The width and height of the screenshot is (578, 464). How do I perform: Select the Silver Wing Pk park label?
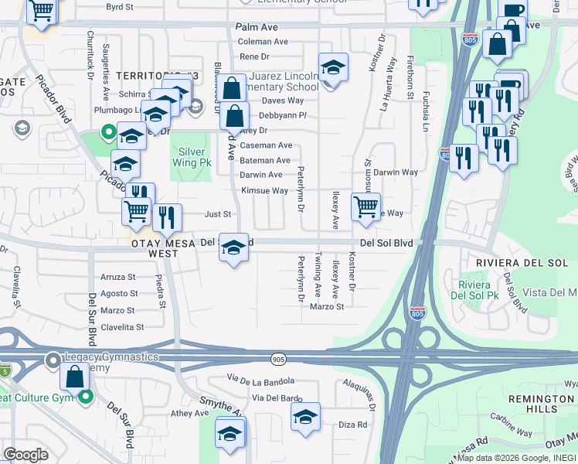(195, 159)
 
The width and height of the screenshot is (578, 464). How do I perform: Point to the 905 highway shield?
(278, 360)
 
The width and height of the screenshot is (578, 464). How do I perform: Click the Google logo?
(25, 454)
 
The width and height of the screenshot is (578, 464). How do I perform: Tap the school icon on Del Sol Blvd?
(234, 248)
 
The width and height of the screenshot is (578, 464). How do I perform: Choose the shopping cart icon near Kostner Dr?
(365, 206)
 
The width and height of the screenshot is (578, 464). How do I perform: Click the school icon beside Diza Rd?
(306, 417)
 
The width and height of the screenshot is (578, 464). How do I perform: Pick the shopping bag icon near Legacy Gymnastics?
(75, 377)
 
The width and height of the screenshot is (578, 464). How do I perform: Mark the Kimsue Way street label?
(264, 190)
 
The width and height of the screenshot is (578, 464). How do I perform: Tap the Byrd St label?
(120, 6)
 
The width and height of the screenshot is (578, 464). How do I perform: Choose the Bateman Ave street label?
(265, 160)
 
